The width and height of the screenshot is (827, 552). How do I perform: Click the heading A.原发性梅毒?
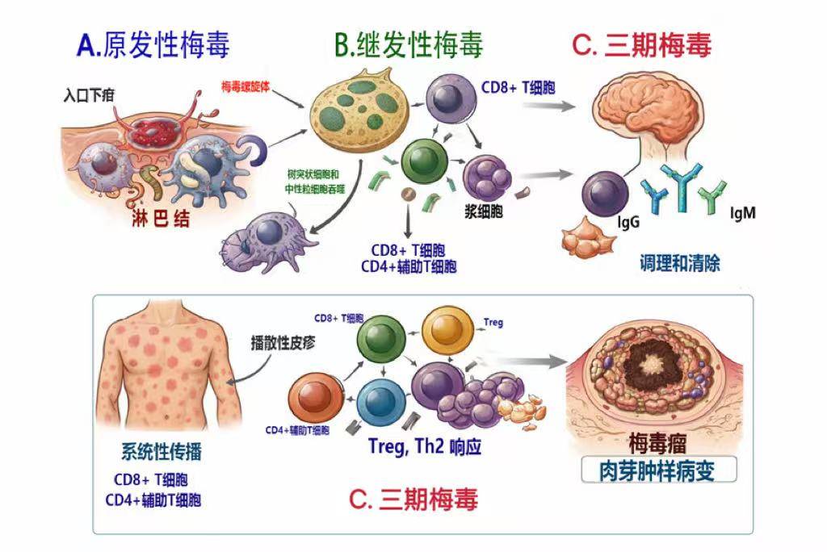pos(153,44)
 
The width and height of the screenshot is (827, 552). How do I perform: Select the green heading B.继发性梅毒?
pos(409,45)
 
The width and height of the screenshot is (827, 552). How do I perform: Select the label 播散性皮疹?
pos(283,341)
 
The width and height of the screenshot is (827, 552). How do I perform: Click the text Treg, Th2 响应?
pos(424,445)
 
